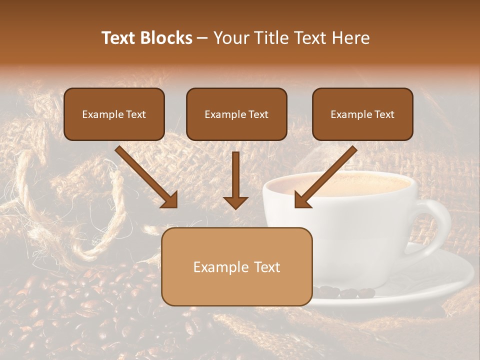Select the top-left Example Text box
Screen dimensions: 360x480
(114, 114)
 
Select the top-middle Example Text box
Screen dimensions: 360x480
(236, 114)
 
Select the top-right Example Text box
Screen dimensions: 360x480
(362, 114)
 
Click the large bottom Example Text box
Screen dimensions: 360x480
(236, 266)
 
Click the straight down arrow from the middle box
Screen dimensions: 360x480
(235, 180)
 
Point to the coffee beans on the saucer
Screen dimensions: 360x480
(345, 291)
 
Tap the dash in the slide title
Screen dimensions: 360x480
(202, 38)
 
